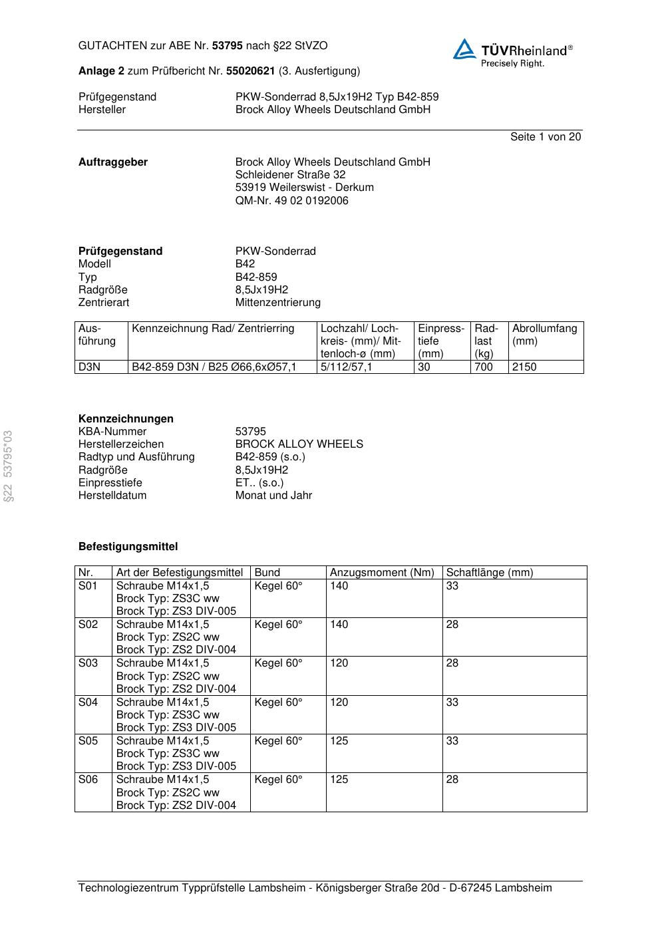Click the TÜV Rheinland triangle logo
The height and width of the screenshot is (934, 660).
pos(464,49)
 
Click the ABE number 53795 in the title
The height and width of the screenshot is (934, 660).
pos(227,46)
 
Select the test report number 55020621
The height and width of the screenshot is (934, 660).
pos(250,71)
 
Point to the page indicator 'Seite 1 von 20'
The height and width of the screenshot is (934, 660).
pos(545,136)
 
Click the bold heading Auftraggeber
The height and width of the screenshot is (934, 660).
pos(113,162)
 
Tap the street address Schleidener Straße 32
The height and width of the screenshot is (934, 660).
pos(290,174)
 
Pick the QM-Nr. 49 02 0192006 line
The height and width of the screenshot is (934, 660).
pos(291,200)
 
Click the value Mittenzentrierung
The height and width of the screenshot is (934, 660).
pos(277,302)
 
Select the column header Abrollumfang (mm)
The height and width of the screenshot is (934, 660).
pos(545,335)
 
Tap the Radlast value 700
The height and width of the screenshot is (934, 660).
pos(484,367)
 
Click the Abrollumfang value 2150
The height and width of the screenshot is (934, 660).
pos(524,367)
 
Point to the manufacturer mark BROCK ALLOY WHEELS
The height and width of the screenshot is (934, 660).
pos(299,444)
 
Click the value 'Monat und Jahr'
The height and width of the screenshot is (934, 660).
pos(273,495)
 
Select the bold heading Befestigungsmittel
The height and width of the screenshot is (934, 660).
pos(128,546)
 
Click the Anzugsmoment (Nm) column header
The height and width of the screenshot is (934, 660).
pos(382,572)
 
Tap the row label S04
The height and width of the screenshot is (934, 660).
pos(88,702)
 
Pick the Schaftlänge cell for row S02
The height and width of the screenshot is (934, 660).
pos(452,624)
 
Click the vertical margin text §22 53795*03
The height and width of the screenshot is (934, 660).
pos(9,466)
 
